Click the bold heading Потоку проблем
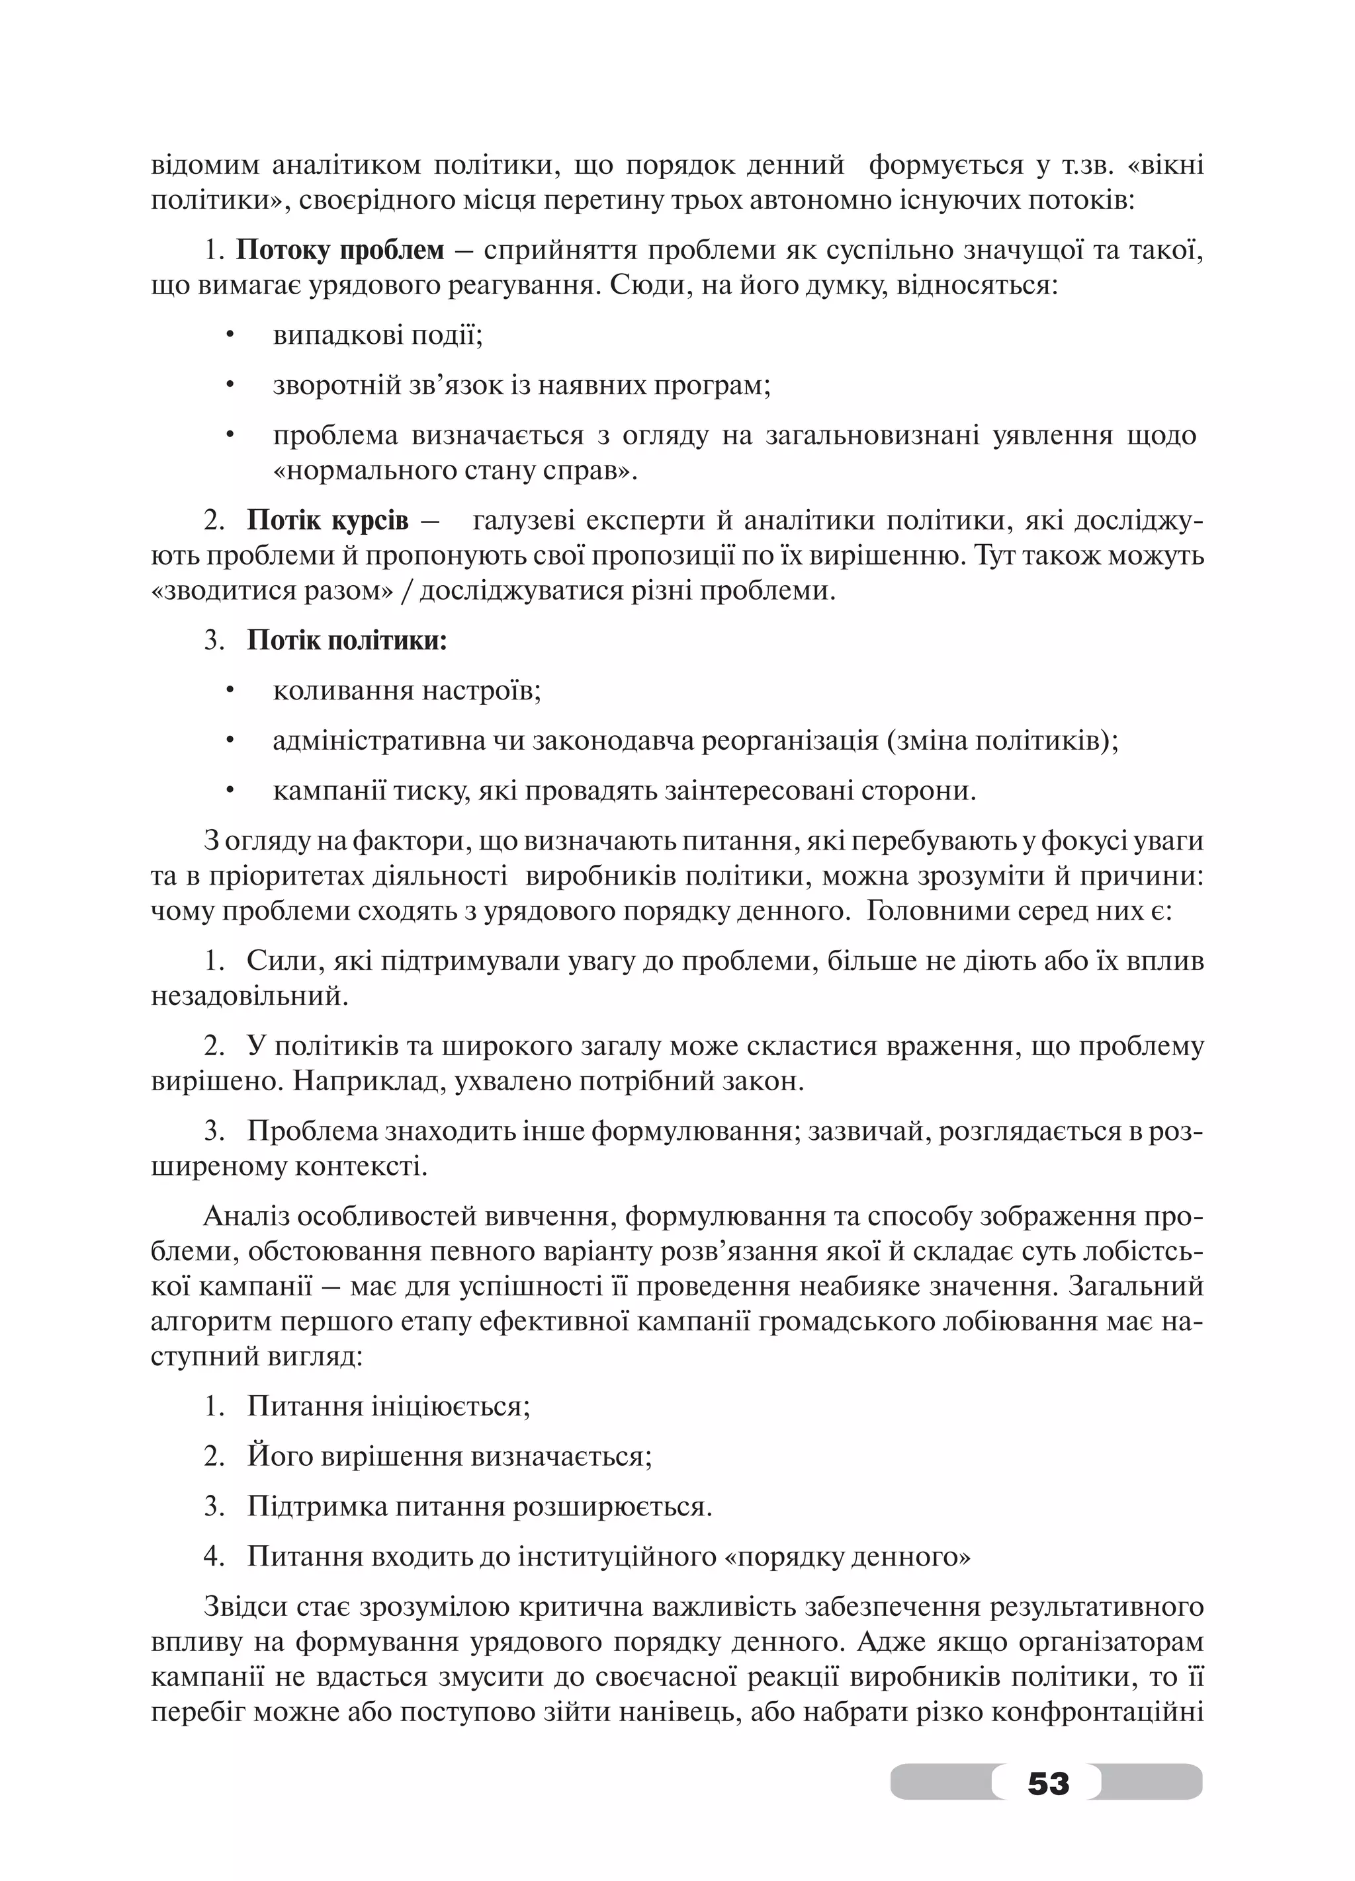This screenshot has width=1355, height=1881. point(340,251)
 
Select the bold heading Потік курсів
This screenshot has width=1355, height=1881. point(328,521)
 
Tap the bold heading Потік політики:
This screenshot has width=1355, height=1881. point(347,641)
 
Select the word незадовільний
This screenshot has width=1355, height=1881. point(249,995)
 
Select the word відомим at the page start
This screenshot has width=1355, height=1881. point(205,166)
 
